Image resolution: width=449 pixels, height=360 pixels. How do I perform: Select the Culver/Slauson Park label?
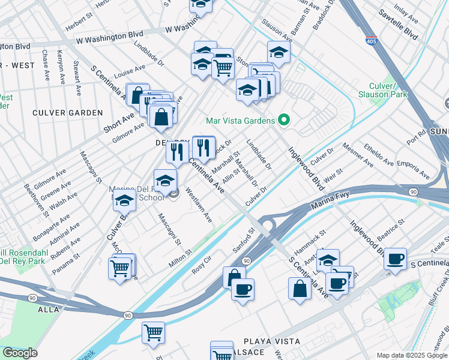pos(382,89)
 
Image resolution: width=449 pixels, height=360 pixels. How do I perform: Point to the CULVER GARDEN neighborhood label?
pos(68,113)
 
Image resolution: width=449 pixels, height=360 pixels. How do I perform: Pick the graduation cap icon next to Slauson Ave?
pos(278,53)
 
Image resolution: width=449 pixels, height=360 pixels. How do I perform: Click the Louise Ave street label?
pos(130,72)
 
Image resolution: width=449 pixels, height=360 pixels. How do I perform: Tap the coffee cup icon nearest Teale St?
pos(395,259)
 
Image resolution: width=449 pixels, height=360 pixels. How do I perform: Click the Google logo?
pos(20,353)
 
